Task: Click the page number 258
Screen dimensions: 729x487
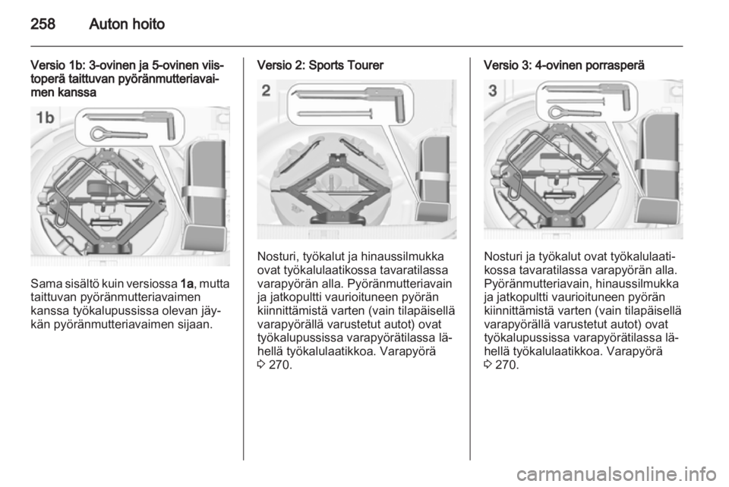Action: (x=43, y=24)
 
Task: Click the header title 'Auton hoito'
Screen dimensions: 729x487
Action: (x=127, y=24)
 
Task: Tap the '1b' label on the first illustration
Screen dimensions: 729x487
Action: (x=45, y=118)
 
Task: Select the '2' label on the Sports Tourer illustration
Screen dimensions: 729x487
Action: (x=266, y=90)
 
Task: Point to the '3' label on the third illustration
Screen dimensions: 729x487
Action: (x=493, y=90)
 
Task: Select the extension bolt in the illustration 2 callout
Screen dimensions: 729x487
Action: (x=335, y=113)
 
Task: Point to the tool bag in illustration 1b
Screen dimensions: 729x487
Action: (x=204, y=195)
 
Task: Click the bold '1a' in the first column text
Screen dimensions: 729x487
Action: (x=188, y=284)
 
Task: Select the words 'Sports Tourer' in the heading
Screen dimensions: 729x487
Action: (x=346, y=65)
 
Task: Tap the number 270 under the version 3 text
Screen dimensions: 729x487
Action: (x=506, y=365)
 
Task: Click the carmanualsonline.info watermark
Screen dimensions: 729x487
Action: (x=617, y=474)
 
